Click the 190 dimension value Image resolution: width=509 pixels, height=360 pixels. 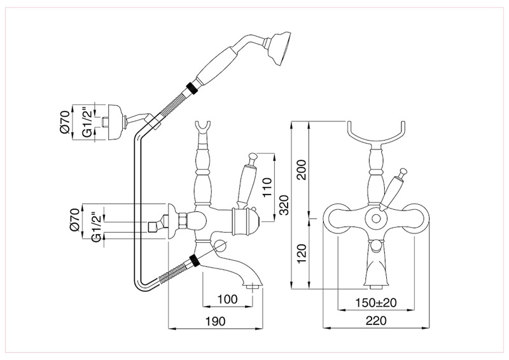point(217,322)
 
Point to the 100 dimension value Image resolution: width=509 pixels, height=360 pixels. point(227,300)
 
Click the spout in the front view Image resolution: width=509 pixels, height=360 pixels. point(377,267)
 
